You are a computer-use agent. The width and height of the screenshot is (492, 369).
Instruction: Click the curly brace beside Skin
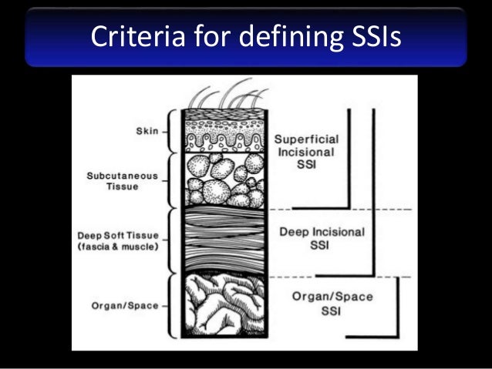(174, 131)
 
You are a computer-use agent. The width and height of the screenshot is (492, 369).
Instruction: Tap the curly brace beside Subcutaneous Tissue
(174, 180)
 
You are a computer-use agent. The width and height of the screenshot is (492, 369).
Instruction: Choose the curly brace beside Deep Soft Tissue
(174, 240)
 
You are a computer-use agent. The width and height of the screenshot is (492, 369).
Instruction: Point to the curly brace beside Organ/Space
(174, 306)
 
